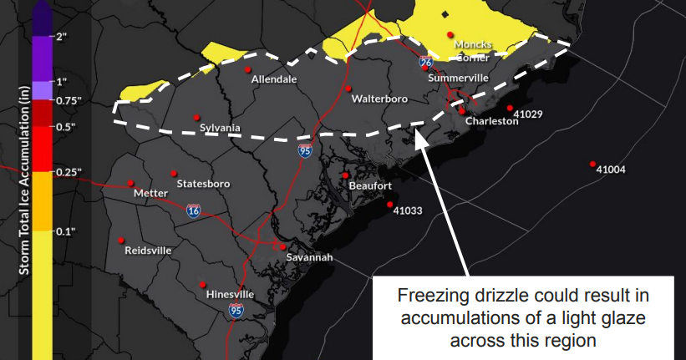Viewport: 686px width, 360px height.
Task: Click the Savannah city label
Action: (x=309, y=257)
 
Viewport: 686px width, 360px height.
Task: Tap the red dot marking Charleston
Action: (x=462, y=110)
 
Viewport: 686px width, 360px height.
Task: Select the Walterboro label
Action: (x=379, y=99)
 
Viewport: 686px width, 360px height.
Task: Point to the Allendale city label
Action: (x=275, y=79)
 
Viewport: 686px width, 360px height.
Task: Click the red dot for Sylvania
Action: (x=197, y=117)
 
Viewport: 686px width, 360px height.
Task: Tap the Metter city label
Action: (x=150, y=193)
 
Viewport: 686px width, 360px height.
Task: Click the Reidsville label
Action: (x=148, y=250)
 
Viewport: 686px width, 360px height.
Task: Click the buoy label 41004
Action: (x=611, y=170)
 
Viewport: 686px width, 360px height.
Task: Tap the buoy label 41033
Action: (x=408, y=210)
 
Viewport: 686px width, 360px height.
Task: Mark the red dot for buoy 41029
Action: (x=509, y=108)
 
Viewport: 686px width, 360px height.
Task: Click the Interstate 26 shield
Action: (x=426, y=63)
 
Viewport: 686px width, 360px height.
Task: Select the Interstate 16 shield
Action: (x=193, y=211)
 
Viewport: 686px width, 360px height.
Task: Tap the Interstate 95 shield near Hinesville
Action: (x=236, y=311)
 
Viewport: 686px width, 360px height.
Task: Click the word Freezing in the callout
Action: (x=429, y=297)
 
